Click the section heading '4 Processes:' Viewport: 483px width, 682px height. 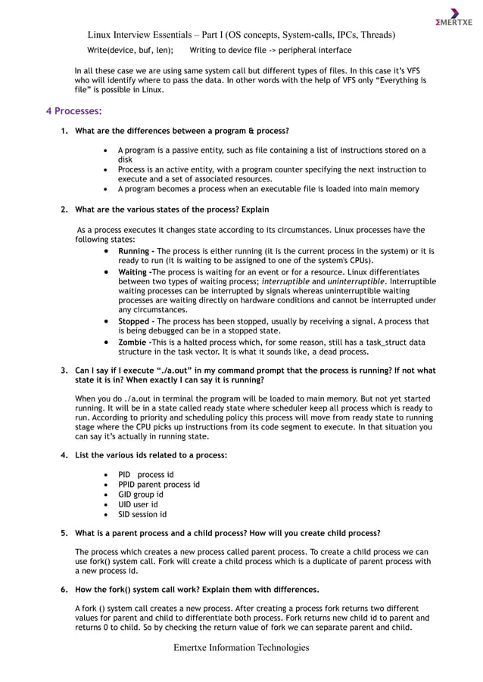tap(73, 111)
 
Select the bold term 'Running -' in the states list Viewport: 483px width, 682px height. tap(136, 250)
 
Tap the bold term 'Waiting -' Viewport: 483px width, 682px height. tap(136, 271)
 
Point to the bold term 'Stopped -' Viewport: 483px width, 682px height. tap(137, 321)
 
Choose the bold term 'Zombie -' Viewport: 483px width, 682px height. tap(136, 342)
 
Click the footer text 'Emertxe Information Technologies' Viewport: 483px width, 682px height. tap(241, 647)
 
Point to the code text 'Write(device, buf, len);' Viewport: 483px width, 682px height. tap(130, 50)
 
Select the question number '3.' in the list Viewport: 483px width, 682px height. tap(64, 370)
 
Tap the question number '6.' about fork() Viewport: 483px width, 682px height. tap(64, 589)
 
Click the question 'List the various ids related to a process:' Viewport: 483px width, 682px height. tap(151, 455)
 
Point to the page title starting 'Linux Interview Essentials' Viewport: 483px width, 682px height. tap(241, 35)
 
